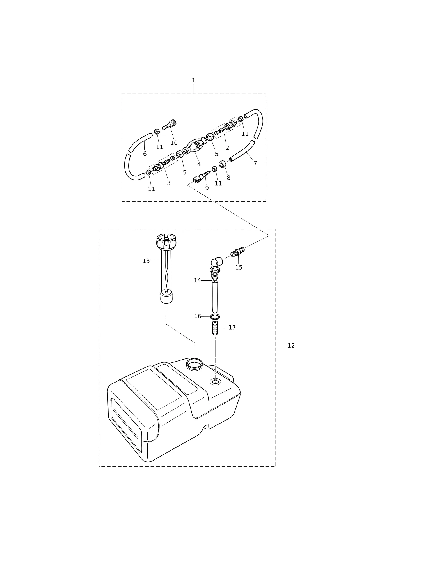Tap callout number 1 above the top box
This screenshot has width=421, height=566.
coord(193,80)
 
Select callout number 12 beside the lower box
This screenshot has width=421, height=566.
coord(291,346)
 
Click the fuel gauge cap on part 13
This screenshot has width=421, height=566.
coord(166,241)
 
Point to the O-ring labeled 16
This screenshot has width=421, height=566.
coord(215,317)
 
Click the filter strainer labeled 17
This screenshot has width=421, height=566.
coord(215,328)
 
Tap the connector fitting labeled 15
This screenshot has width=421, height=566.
coord(237,252)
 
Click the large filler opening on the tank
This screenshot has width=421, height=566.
coord(194,364)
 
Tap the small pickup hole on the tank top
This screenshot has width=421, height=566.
coord(215,381)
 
